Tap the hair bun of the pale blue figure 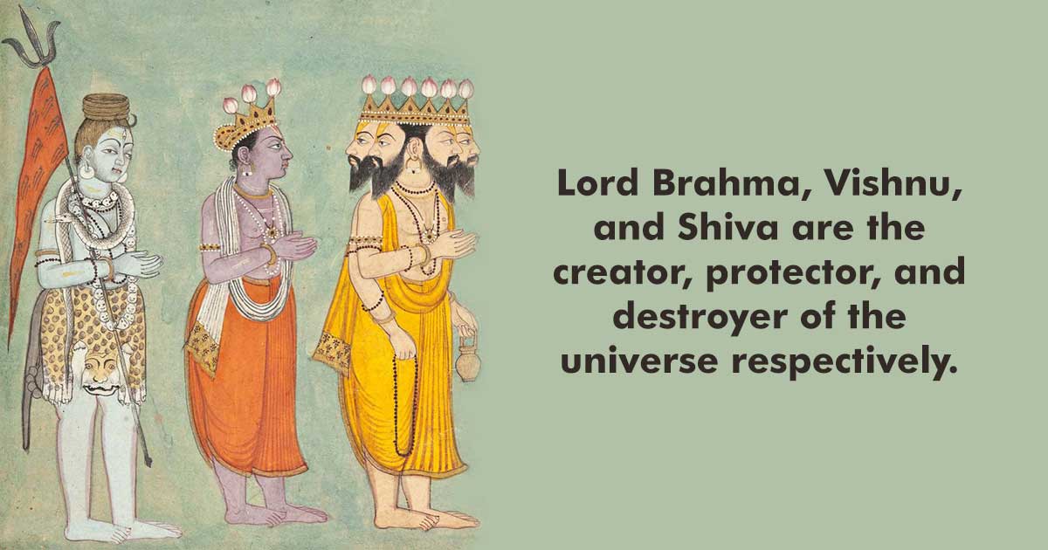point(106,107)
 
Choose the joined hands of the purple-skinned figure point(293,247)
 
